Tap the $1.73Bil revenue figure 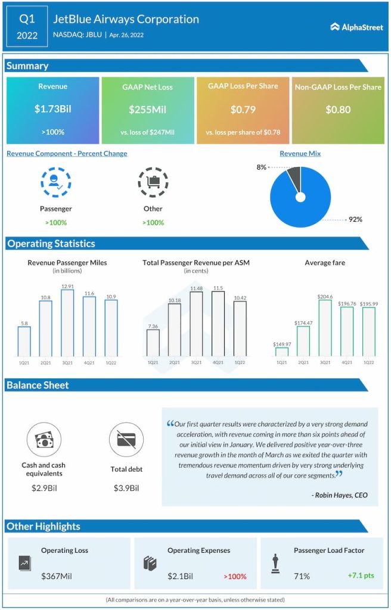52,110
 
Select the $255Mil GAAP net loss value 147,110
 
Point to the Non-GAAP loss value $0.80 338,110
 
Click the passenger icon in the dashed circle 55,182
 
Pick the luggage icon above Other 153,182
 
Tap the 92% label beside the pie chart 355,219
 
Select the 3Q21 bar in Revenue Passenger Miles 67,322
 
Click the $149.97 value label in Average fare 281,344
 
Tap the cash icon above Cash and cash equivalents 44,440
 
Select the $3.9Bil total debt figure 126,488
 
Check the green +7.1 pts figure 361,576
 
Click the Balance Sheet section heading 38,385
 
